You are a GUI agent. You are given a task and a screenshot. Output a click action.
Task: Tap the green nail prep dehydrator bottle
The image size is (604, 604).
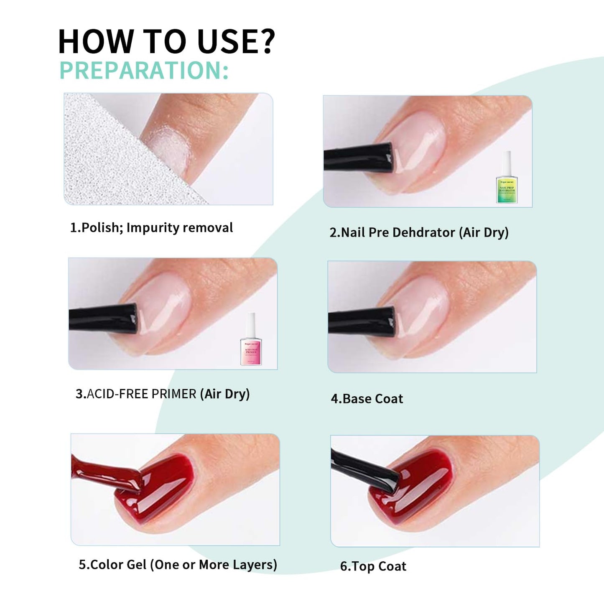[507, 178]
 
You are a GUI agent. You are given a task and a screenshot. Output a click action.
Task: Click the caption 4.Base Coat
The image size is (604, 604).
[367, 399]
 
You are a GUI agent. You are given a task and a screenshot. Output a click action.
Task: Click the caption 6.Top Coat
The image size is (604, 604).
[373, 566]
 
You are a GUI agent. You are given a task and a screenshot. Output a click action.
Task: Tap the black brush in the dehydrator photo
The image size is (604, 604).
[358, 157]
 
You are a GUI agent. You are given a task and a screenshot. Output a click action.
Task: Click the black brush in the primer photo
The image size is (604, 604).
[103, 319]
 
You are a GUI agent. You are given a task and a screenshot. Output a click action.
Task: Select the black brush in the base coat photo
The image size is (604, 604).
[361, 322]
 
